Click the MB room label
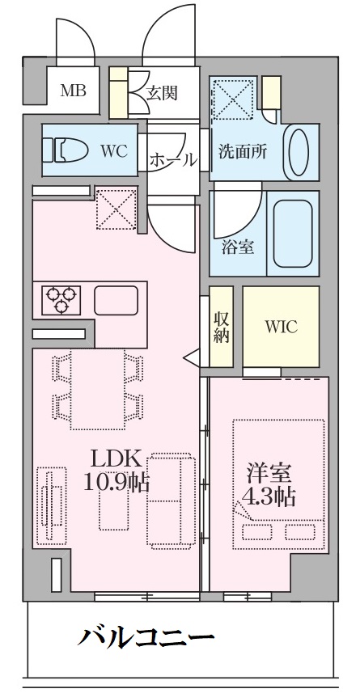[x=73, y=91]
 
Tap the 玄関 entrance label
[x=162, y=93]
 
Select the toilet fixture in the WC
[x=66, y=150]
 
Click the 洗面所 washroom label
[x=243, y=151]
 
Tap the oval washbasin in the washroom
[x=299, y=151]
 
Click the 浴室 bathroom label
[x=238, y=247]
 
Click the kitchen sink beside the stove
[x=116, y=300]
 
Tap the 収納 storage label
[x=221, y=327]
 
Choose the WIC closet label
[x=281, y=327]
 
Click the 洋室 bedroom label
[x=269, y=474]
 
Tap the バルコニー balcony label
[x=146, y=637]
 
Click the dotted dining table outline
[x=98, y=390]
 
